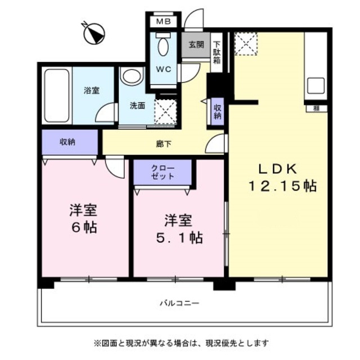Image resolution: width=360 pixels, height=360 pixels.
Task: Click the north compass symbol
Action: coord(94,34)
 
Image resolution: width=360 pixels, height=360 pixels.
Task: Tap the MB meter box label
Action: coord(164,21)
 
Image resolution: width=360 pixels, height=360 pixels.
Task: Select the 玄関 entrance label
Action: coord(196,44)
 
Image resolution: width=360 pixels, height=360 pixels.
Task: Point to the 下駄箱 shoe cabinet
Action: coord(217,52)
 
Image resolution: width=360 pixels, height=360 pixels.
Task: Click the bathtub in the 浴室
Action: coord(57,96)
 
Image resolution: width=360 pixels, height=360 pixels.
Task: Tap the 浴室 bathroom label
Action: coord(92,90)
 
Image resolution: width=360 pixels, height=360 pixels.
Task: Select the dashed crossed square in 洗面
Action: coord(165,111)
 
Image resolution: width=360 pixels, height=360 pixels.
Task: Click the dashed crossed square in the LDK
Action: coord(246,44)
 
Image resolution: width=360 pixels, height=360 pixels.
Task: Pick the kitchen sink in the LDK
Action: coord(316,85)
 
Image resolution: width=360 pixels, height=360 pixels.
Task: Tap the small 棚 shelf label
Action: coord(316,109)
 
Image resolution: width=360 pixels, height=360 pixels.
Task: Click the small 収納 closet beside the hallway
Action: coord(217,112)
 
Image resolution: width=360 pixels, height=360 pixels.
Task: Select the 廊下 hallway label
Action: coord(164,144)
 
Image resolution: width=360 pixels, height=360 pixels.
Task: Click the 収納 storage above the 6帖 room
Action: coord(70,142)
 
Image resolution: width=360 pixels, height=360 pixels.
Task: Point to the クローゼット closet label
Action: coord(163,172)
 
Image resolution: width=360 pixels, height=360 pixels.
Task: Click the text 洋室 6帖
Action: coord(84,218)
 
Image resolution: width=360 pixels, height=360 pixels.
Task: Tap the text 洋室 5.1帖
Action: coord(179,228)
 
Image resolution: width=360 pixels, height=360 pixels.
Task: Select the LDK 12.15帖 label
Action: coord(283,177)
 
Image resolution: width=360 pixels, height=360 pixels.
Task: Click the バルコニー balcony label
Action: coord(179,303)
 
